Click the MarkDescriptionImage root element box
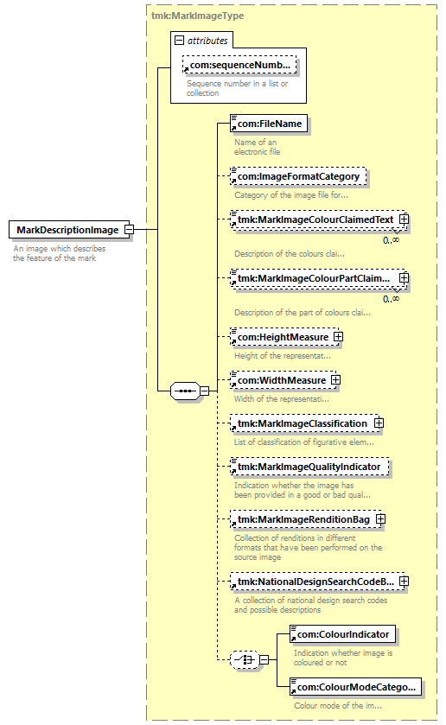(x=69, y=230)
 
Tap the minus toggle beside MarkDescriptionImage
(x=130, y=230)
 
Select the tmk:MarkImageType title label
(x=198, y=16)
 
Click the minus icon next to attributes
(x=179, y=41)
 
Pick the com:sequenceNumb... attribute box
(x=239, y=65)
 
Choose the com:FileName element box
(x=269, y=124)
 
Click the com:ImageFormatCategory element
(x=298, y=176)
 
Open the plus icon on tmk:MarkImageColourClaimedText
(x=404, y=219)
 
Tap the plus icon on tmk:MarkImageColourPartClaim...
(x=404, y=278)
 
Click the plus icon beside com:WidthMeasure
(x=335, y=380)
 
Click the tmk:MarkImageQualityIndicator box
(x=309, y=467)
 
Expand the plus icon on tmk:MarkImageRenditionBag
(x=380, y=519)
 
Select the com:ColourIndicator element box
(x=343, y=634)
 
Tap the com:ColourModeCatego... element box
(x=356, y=687)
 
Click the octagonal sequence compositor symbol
(x=186, y=391)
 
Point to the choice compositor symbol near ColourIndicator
(x=245, y=660)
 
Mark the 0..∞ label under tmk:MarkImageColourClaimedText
(x=391, y=240)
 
